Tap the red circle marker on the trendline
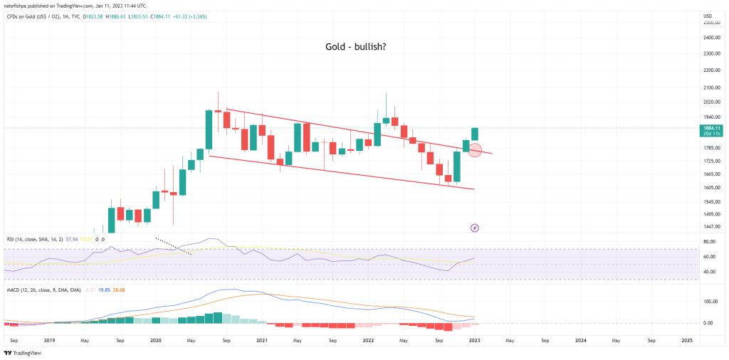click(475, 150)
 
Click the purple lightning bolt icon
click(475, 228)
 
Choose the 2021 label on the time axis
click(262, 341)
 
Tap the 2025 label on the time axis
click(686, 341)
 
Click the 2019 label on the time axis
click(49, 341)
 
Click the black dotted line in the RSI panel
click(173, 245)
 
